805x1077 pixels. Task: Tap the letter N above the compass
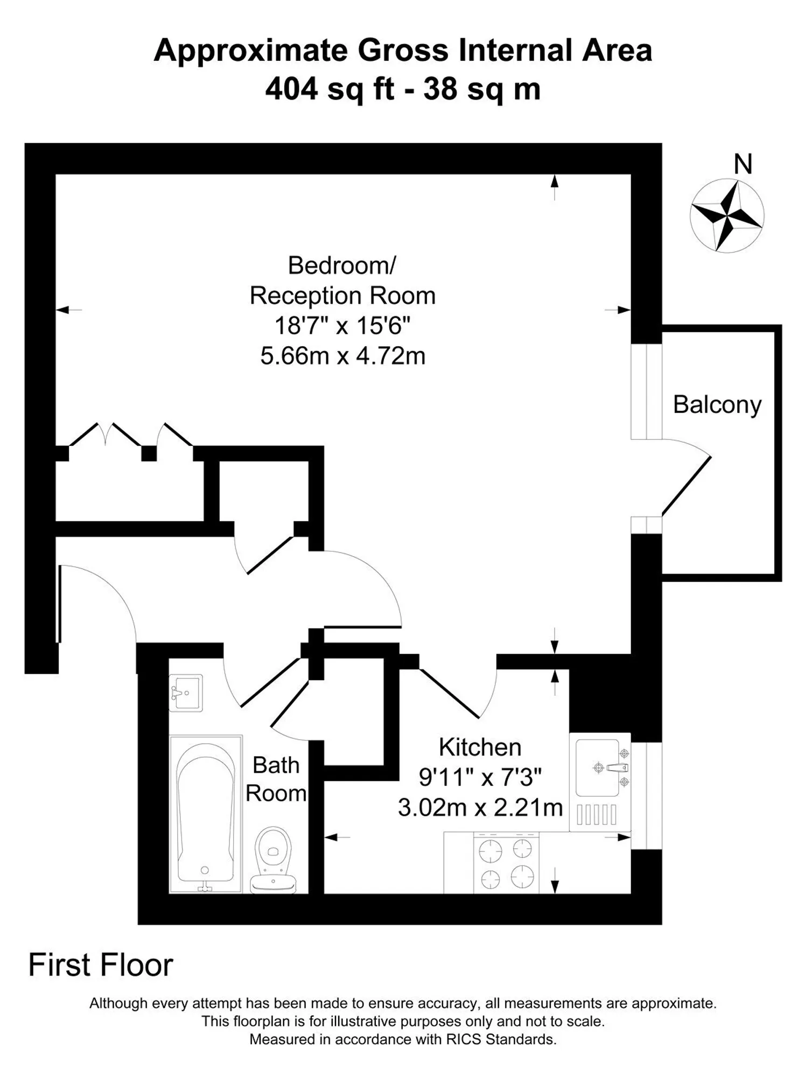(x=743, y=164)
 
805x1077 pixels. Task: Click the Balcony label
(x=717, y=404)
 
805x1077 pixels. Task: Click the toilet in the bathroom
(x=274, y=860)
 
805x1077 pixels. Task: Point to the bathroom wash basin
(x=186, y=693)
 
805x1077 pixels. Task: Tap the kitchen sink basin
(x=598, y=768)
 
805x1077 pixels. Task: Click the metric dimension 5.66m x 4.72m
(x=343, y=356)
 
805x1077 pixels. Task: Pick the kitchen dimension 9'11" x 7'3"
(x=480, y=777)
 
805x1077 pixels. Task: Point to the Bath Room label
(x=276, y=779)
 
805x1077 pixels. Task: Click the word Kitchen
(x=480, y=747)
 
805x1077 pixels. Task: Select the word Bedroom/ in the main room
(x=342, y=265)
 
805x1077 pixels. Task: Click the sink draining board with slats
(x=597, y=814)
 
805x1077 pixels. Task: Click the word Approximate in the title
(x=251, y=51)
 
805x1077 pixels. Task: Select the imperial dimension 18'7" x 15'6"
(x=342, y=326)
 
